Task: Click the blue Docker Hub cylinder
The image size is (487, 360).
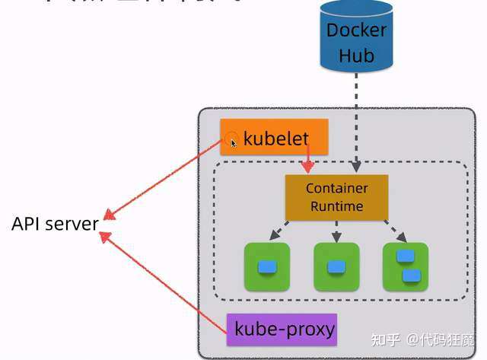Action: coord(356,38)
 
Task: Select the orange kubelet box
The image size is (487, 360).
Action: coord(274,138)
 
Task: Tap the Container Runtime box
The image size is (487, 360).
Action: coord(336,197)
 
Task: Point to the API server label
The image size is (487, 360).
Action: coord(55,224)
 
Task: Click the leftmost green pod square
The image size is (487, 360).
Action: coord(266,266)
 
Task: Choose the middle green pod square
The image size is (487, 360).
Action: coord(336,266)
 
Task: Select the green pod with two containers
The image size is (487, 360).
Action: coord(406,266)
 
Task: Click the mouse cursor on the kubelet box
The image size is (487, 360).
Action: coord(234,142)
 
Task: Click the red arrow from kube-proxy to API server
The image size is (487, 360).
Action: coord(164,282)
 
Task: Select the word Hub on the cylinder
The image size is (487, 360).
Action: coord(356,55)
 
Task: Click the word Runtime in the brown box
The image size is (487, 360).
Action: coord(336,206)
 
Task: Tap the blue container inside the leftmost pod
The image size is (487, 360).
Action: coord(266,267)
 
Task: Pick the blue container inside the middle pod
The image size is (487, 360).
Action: coord(336,267)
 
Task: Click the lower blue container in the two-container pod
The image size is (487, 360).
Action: coord(411,275)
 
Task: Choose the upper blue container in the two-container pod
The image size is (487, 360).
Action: coord(405,256)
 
